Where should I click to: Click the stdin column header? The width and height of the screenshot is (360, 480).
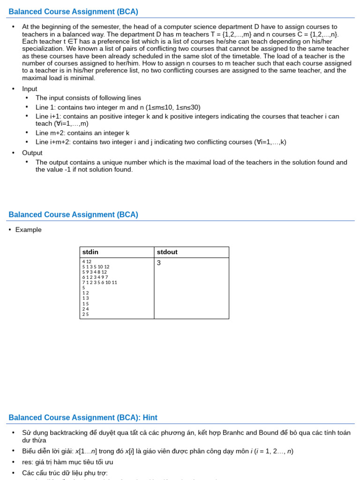(91, 252)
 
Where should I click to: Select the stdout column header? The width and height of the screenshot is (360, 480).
(167, 252)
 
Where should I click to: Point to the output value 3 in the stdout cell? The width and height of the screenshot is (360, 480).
(159, 263)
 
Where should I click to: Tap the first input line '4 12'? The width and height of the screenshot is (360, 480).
(87, 262)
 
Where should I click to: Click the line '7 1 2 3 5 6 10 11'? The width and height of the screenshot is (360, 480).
(99, 282)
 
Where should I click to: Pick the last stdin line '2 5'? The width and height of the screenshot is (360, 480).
(85, 314)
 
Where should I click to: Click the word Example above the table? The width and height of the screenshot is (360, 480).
(28, 230)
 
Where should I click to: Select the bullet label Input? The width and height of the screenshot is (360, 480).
(30, 89)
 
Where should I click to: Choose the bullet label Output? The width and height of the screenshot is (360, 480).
(32, 153)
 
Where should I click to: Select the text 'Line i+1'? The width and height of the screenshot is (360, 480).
(47, 116)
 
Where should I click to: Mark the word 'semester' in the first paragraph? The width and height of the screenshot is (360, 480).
(105, 27)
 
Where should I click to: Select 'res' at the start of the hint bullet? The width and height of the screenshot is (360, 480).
(27, 462)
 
